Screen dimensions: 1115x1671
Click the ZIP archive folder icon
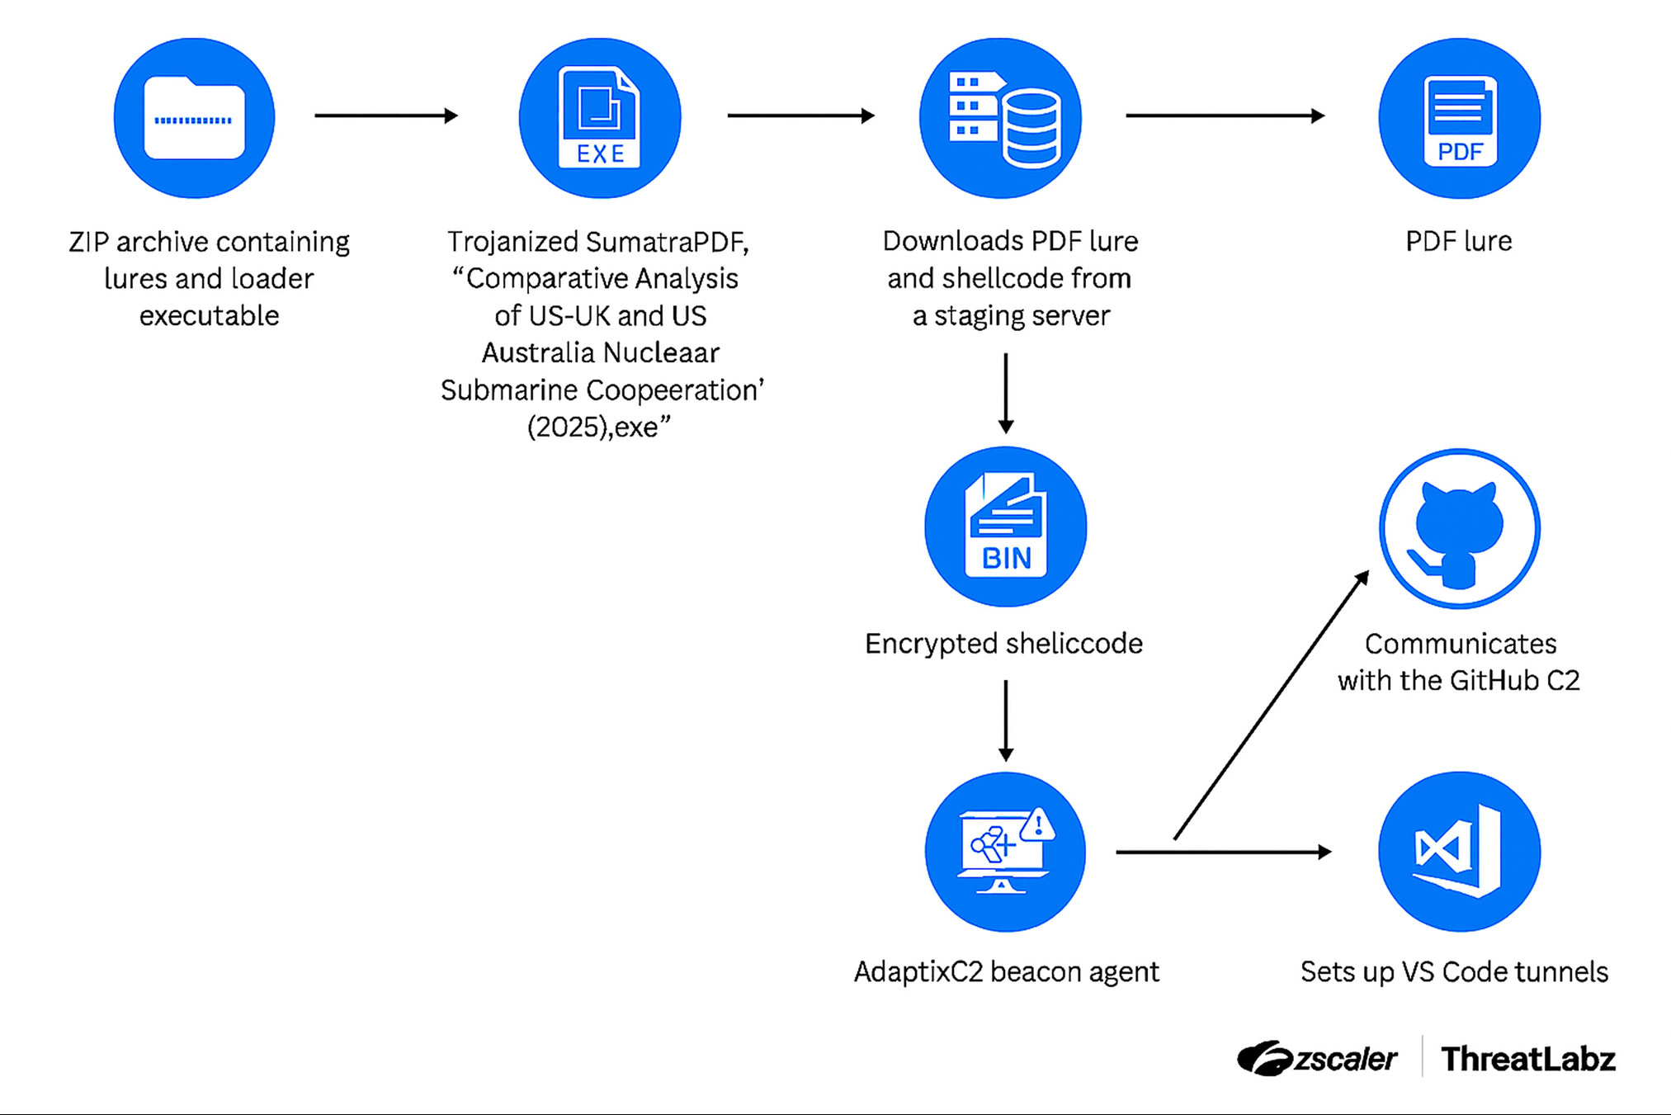[x=194, y=118]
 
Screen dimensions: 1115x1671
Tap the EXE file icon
[x=600, y=118]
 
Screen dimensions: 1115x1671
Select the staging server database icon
[x=1001, y=118]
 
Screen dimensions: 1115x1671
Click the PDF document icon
[x=1459, y=118]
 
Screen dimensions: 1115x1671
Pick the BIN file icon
[x=1005, y=527]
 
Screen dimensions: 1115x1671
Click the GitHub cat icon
[x=1459, y=528]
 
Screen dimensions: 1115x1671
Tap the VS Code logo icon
[x=1459, y=852]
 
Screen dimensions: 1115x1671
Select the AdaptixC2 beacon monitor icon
[x=1005, y=852]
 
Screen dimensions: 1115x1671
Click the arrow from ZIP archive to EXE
[x=385, y=116]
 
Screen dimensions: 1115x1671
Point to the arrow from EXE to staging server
[x=800, y=116]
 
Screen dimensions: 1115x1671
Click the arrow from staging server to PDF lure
[x=1225, y=116]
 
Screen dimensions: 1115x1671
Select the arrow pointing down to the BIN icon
[x=1005, y=393]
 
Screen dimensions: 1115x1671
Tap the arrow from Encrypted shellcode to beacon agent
[x=1005, y=720]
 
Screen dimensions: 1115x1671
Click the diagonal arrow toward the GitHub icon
[x=1271, y=706]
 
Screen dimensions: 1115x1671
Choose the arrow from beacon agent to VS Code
[x=1223, y=852]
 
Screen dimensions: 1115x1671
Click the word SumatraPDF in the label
[x=667, y=242]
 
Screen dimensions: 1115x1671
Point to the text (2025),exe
[x=598, y=428]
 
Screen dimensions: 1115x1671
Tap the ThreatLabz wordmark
[x=1527, y=1059]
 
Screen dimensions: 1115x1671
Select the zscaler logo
[x=1317, y=1059]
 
